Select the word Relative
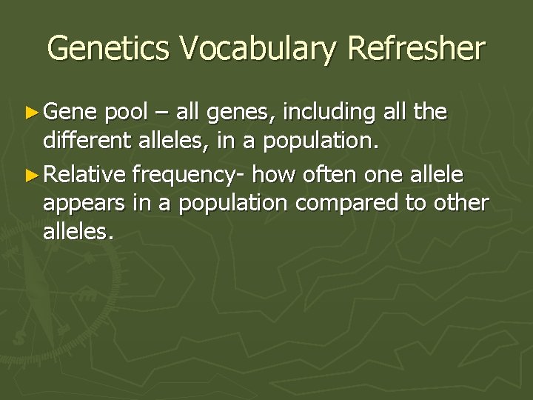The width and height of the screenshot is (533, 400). (87, 177)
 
